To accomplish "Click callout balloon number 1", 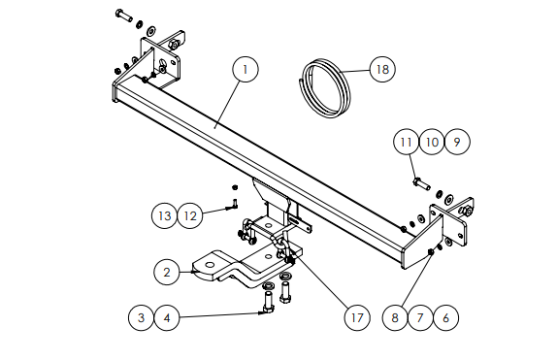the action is [x=246, y=69].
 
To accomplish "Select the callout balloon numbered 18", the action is [x=382, y=69].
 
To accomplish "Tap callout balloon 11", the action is [x=406, y=142].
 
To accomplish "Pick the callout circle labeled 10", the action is [x=432, y=142].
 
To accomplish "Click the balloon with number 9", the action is [x=457, y=142].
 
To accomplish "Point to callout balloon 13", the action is [x=164, y=215].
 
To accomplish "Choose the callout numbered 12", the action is [x=190, y=215].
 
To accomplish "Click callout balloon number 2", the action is [x=167, y=273].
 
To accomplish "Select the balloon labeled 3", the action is [x=142, y=317].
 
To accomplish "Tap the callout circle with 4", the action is [x=167, y=317].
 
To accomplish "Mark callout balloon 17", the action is [x=357, y=317].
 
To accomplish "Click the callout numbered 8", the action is [x=395, y=317].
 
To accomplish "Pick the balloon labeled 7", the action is [x=420, y=317].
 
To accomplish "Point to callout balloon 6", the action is [x=446, y=317].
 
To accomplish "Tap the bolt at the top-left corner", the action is [x=124, y=16].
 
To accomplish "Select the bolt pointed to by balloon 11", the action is [x=421, y=184].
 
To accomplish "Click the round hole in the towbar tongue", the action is [x=210, y=265].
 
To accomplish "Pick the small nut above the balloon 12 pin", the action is [x=235, y=187].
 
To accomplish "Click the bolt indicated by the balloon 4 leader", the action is [x=268, y=302].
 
